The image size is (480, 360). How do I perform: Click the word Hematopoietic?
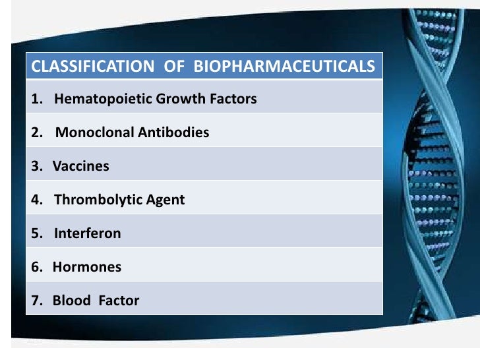click(104, 100)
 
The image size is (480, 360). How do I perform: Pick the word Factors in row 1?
click(233, 100)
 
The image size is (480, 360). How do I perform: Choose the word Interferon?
click(88, 233)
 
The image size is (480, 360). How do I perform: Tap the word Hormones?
click(87, 267)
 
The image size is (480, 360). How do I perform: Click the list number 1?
click(34, 100)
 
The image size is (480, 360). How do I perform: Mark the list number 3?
click(35, 166)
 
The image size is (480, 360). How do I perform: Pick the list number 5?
click(35, 233)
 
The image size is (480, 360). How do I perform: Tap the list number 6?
click(35, 267)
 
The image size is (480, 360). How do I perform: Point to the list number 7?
click(35, 301)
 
